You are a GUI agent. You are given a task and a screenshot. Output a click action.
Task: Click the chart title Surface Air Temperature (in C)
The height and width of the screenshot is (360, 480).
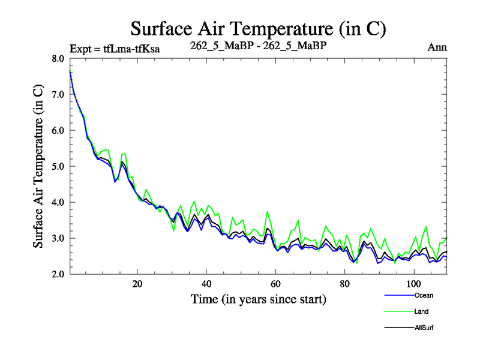tap(258, 28)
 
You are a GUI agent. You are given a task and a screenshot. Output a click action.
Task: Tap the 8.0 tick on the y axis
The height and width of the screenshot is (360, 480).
tap(58, 59)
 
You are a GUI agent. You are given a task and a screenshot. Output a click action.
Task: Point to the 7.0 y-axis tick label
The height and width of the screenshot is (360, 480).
tap(58, 95)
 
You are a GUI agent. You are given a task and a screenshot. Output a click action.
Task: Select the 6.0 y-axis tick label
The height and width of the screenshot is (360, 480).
tap(58, 131)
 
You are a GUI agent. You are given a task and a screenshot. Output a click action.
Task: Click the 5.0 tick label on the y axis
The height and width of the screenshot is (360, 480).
tap(58, 167)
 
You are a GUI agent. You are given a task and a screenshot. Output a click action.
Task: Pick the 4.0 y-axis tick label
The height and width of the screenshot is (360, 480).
tap(58, 203)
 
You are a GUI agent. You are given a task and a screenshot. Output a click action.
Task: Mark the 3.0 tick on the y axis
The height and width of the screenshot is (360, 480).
tap(58, 239)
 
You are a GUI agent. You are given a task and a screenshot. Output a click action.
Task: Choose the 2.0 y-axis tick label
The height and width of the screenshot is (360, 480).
tap(58, 275)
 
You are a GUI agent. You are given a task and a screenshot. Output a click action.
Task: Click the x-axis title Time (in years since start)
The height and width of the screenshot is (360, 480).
tap(259, 298)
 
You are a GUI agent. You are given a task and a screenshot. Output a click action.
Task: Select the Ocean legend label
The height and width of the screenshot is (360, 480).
tap(423, 295)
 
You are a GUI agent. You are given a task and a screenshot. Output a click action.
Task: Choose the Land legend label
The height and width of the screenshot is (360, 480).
tap(421, 311)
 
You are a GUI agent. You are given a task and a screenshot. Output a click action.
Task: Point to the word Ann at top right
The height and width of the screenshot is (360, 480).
tap(437, 47)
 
